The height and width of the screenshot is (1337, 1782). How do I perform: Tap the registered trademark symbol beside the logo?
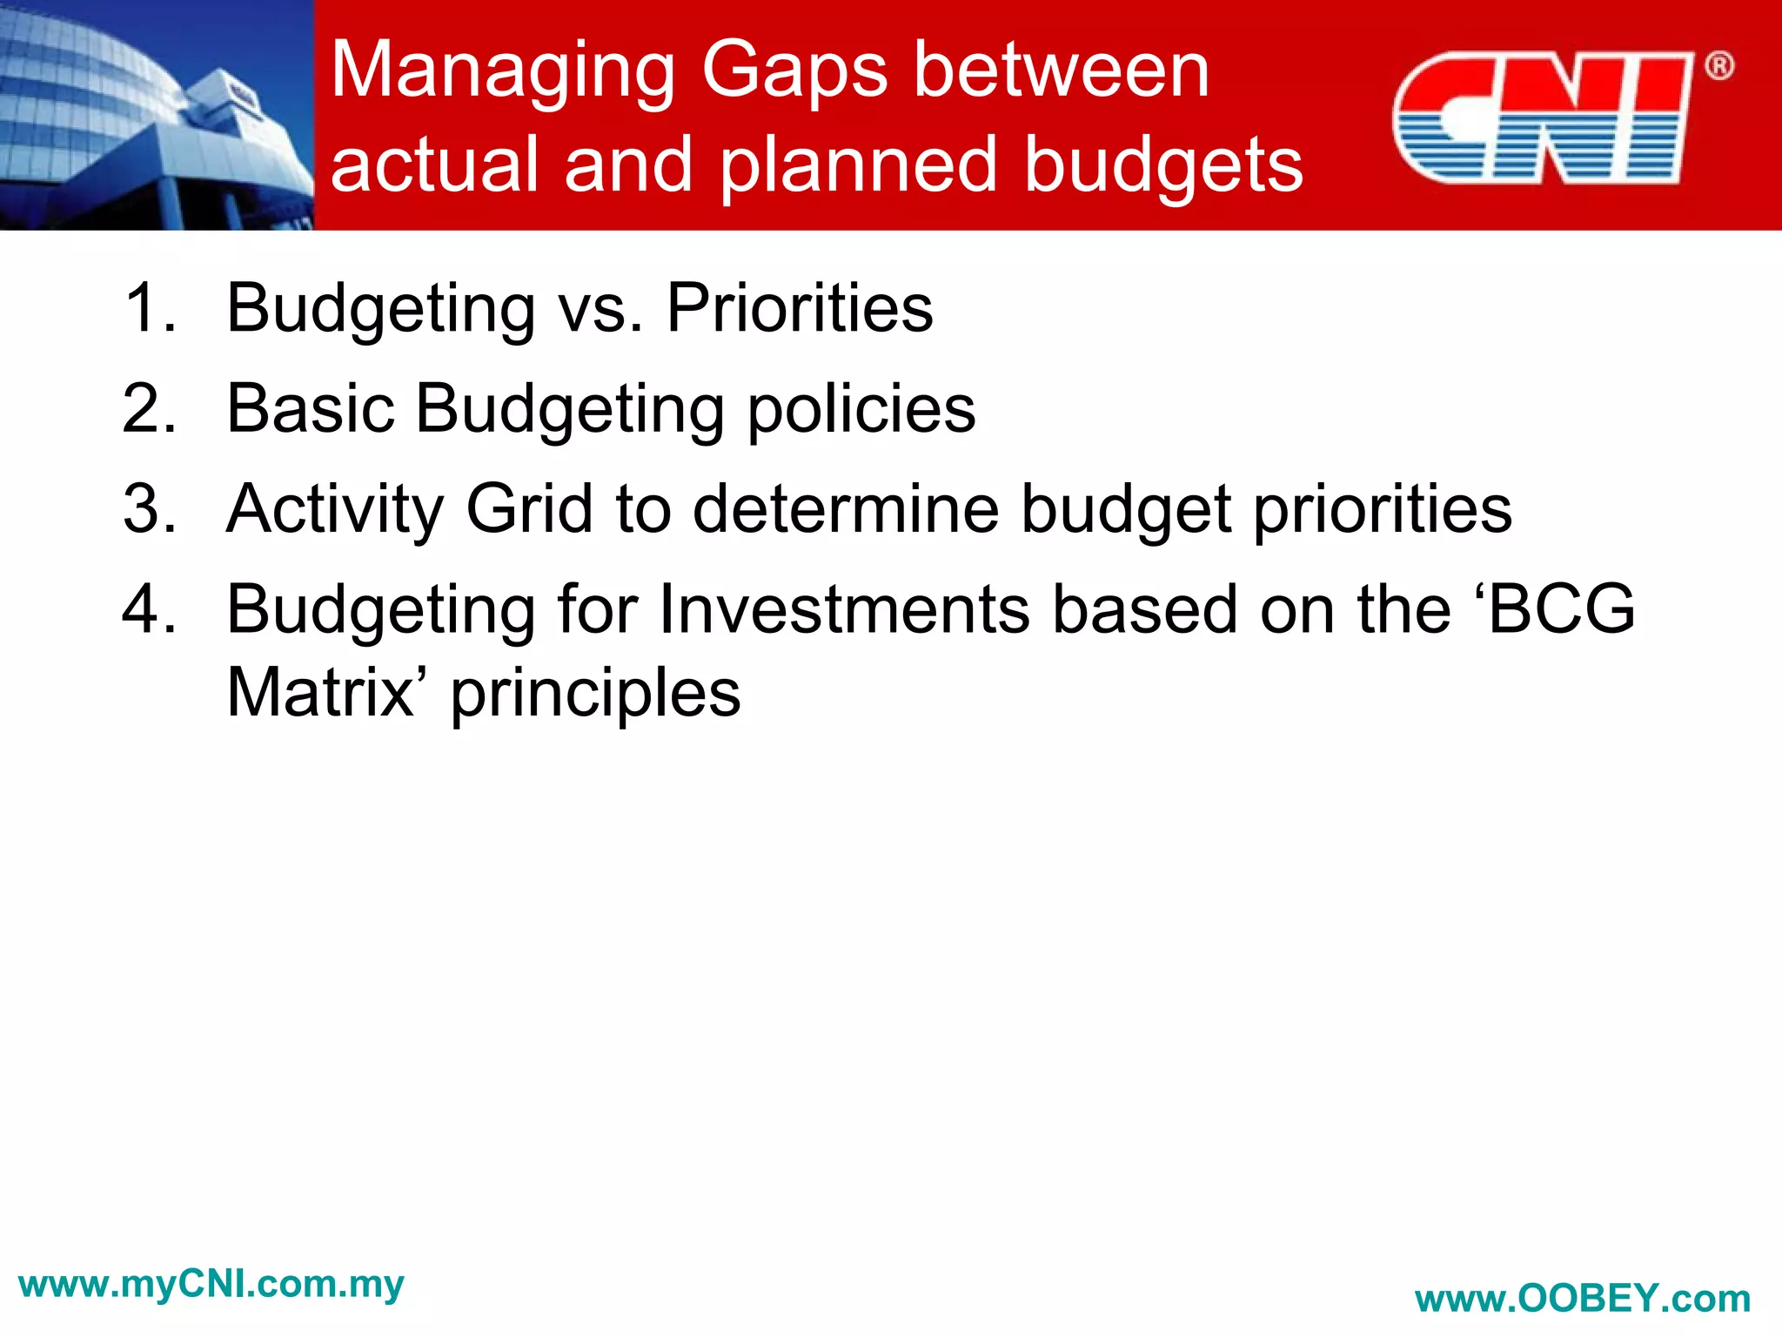pos(1718,66)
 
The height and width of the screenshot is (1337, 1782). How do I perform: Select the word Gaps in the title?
pos(794,71)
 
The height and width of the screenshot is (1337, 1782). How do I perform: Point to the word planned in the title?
pos(857,165)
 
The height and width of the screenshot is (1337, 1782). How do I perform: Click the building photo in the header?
pos(157,115)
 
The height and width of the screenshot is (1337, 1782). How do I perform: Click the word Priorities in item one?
pos(800,308)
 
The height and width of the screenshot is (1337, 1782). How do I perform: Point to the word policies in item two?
pos(861,410)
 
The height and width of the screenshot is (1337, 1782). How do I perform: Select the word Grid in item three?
pos(530,509)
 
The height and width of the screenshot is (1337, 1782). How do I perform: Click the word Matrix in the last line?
pos(320,693)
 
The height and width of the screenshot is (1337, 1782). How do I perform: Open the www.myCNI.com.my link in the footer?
pos(211,1284)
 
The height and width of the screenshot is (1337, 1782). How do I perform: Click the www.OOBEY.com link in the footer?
pos(1583,1299)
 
